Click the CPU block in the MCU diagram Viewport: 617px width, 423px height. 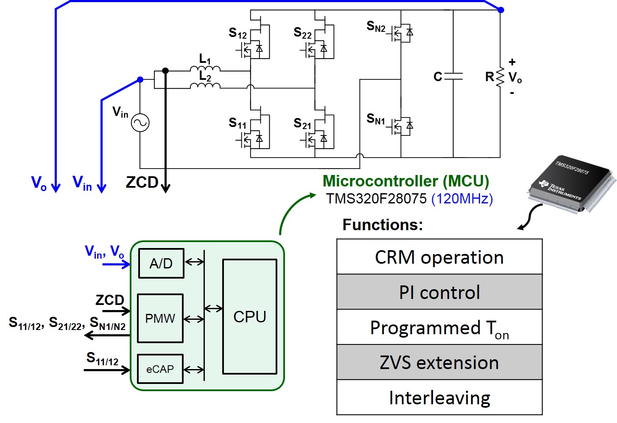250,317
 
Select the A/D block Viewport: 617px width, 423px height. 161,263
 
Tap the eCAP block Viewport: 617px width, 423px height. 160,369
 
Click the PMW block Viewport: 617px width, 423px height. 160,319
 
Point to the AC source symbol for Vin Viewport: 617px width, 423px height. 140,123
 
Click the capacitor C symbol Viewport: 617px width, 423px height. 453,77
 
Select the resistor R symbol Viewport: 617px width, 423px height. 500,77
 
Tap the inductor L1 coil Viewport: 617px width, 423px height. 205,69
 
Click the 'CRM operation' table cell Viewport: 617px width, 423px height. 439,257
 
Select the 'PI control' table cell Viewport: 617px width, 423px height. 439,293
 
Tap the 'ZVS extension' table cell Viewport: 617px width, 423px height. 439,363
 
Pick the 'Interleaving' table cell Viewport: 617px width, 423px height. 439,398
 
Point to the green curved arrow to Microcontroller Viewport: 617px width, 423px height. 290,208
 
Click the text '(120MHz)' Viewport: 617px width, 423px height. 462,199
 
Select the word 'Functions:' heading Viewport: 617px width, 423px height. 382,225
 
